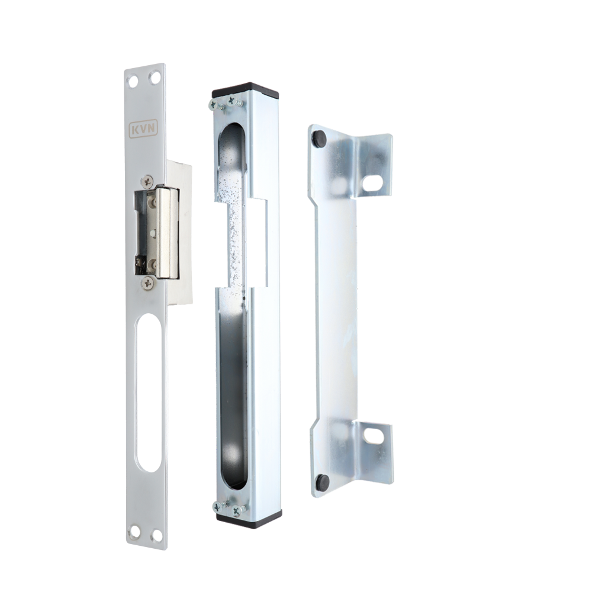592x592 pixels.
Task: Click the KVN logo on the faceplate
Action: point(143,129)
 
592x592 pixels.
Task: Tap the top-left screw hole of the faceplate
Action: point(134,81)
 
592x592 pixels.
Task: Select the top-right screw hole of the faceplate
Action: point(155,79)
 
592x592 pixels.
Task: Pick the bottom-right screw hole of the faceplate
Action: point(155,536)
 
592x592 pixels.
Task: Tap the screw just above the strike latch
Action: point(147,182)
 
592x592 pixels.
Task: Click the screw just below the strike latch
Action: point(147,282)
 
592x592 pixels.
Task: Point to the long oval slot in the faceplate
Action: point(149,393)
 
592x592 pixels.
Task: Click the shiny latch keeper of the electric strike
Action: point(166,232)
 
